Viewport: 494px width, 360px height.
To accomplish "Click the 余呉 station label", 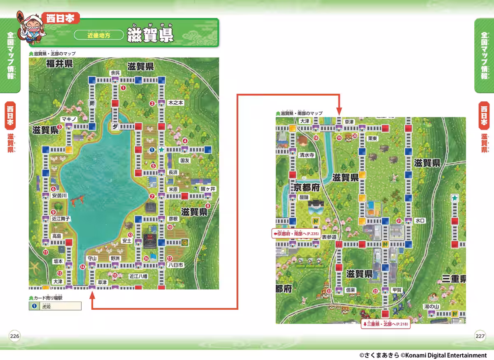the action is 115,72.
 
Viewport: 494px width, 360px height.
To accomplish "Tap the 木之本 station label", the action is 176,103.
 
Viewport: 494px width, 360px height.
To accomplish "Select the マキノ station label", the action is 69,119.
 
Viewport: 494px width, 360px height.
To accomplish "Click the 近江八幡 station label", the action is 138,276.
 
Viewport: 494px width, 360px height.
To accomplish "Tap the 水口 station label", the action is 419,221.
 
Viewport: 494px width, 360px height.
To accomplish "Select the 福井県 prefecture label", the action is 59,63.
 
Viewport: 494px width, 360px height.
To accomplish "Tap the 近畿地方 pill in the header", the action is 99,35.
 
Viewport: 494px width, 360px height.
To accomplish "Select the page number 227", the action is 480,335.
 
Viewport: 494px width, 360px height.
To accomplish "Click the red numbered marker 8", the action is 207,206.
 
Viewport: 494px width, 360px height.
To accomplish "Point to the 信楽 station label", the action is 350,290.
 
